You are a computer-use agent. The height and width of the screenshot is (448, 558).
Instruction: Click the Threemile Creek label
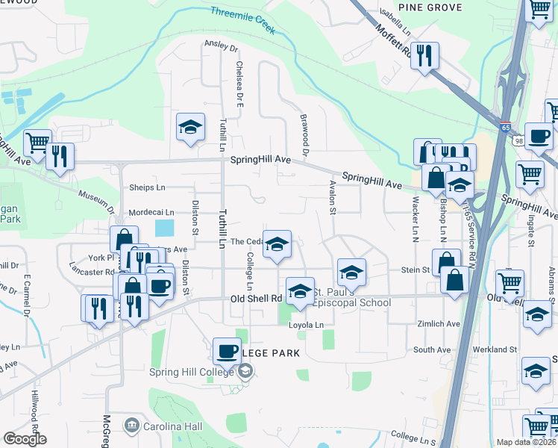[x=243, y=21]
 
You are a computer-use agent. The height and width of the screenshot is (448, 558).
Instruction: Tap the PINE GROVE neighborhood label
[x=430, y=7]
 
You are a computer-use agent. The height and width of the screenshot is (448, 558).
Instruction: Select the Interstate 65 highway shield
[x=506, y=128]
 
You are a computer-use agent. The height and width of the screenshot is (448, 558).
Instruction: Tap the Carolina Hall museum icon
[x=133, y=426]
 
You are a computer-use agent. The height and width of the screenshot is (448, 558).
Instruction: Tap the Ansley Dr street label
[x=221, y=46]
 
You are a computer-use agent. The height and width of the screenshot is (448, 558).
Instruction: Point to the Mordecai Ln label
[x=151, y=213]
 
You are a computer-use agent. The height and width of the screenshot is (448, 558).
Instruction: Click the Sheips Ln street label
[x=147, y=187]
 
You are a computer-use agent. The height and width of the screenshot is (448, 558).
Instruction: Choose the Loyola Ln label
[x=307, y=325]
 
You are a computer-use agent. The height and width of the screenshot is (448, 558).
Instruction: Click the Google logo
[x=25, y=439]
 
